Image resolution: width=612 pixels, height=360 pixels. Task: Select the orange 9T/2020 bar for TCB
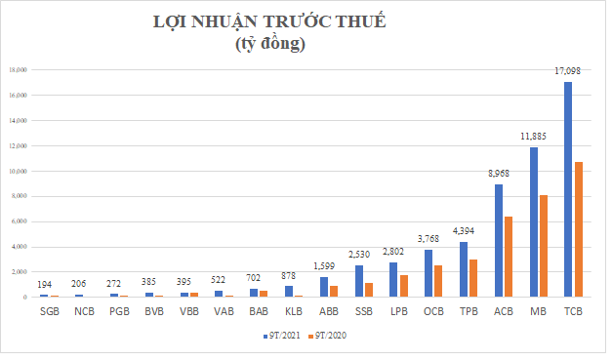(x=578, y=228)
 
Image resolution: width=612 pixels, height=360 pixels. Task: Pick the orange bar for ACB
(x=508, y=256)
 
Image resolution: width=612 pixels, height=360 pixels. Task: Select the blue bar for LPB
(x=393, y=279)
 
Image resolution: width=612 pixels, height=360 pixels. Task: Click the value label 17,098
(x=568, y=73)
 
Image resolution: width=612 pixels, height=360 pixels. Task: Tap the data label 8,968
(x=498, y=175)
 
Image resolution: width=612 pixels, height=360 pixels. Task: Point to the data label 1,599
(x=324, y=267)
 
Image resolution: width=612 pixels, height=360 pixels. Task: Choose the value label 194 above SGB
(x=45, y=285)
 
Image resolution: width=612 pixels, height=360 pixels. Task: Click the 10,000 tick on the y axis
(x=18, y=171)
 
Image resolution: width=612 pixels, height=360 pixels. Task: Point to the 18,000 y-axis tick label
(x=18, y=70)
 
